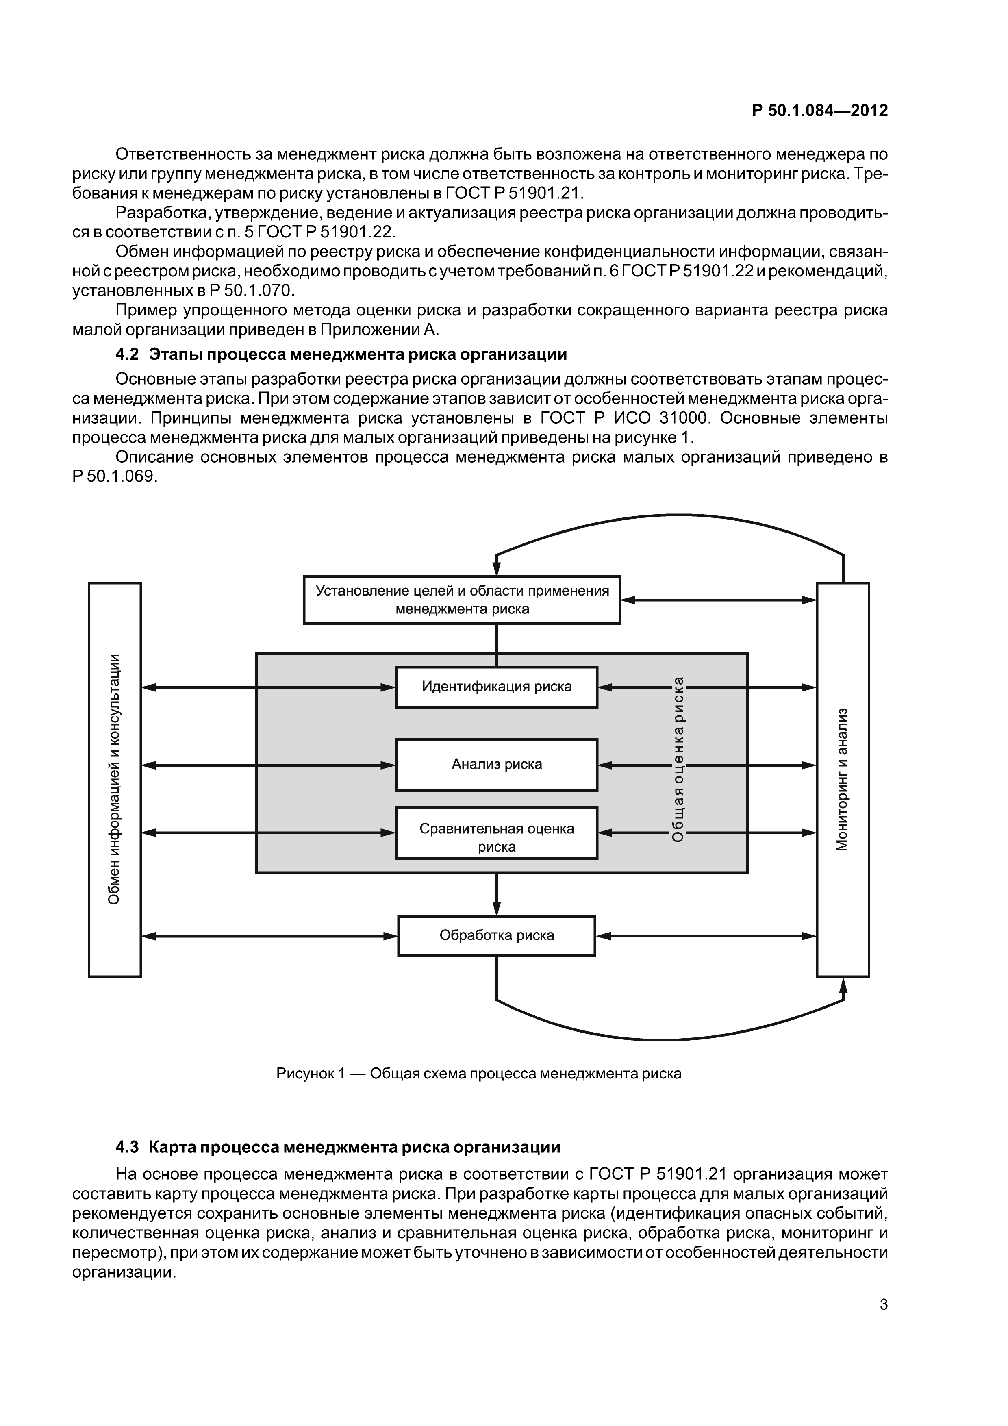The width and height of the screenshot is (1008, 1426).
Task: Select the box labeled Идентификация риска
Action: [x=496, y=687]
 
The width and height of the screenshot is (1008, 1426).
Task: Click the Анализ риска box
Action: [x=496, y=765]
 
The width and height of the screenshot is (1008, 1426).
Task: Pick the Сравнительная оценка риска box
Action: [x=496, y=833]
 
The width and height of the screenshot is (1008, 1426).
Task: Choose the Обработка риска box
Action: [x=496, y=935]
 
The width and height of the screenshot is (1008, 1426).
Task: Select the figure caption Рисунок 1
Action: [x=478, y=1073]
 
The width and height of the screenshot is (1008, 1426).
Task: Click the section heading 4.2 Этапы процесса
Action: [x=341, y=354]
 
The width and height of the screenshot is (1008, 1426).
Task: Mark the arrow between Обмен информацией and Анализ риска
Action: [x=268, y=765]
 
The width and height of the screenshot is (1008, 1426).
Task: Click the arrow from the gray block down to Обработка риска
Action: [x=496, y=894]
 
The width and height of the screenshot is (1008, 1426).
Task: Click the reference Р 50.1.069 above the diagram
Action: [x=115, y=477]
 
